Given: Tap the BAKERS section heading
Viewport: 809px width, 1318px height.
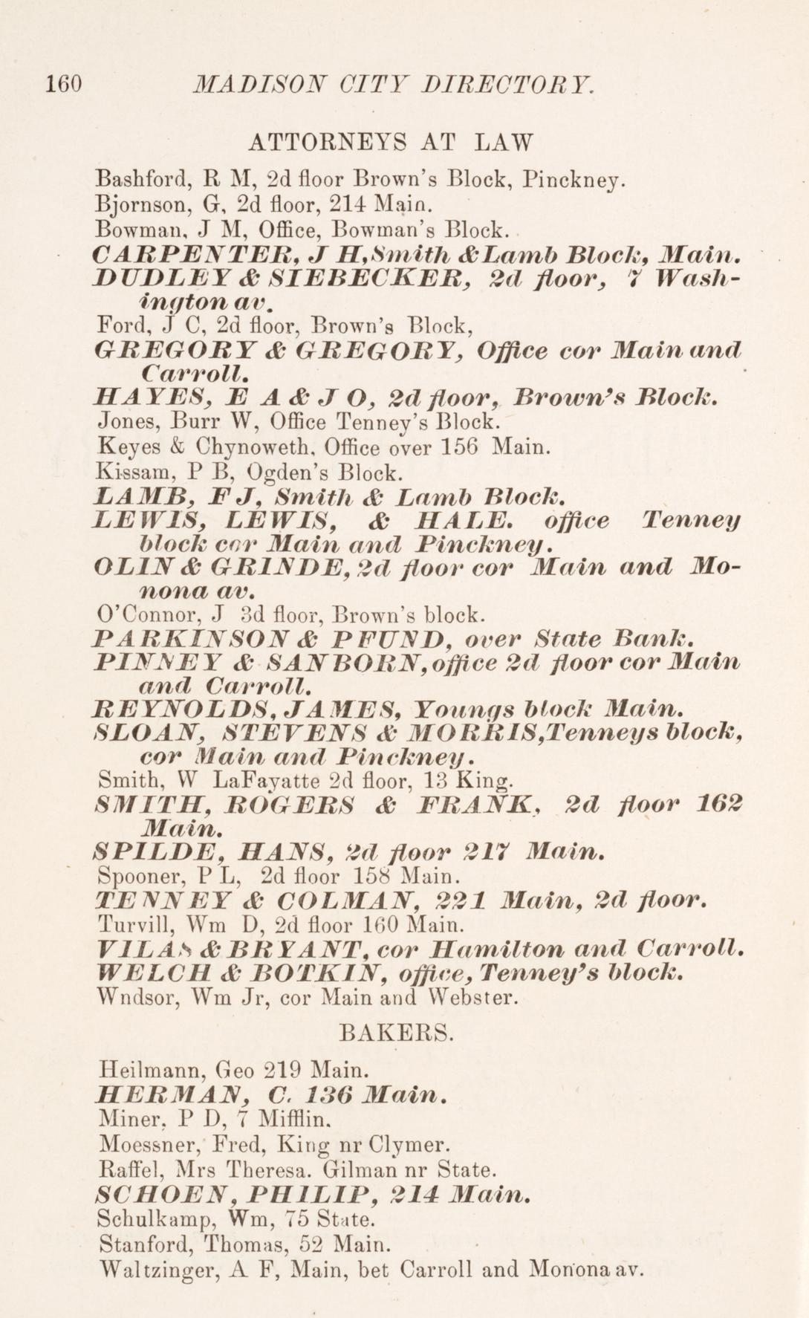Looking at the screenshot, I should [x=395, y=1033].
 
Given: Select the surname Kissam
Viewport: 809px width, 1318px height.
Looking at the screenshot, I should [x=125, y=471].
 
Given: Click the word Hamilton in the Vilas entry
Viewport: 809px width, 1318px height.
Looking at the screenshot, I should [x=490, y=949].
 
